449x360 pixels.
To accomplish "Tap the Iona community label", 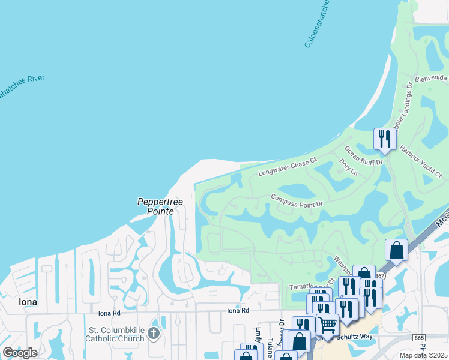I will pyautogui.click(x=28, y=302).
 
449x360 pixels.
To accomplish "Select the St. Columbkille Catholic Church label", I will pyautogui.click(x=116, y=334).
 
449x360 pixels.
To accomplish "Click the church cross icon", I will pyautogui.click(x=154, y=333).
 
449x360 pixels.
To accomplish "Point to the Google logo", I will pyautogui.click(x=20, y=352).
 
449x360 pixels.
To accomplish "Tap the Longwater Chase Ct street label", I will pyautogui.click(x=287, y=167).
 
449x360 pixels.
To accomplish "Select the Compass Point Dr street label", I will pyautogui.click(x=297, y=200).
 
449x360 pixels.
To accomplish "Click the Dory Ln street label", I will pyautogui.click(x=348, y=167).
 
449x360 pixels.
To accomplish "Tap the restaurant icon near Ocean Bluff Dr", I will pyautogui.click(x=384, y=139).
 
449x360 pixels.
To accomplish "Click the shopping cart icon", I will pyautogui.click(x=327, y=325).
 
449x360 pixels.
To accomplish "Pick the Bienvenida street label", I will pyautogui.click(x=431, y=79).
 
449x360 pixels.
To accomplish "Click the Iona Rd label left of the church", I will pyautogui.click(x=109, y=313).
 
